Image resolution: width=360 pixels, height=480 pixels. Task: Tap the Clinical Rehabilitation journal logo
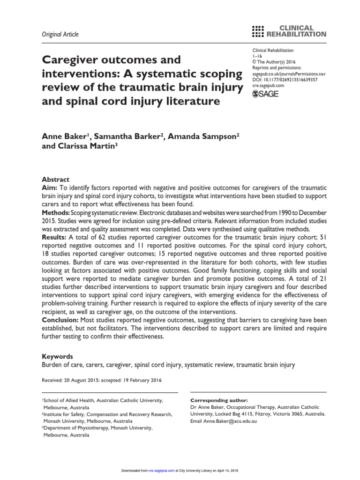coord(289,31)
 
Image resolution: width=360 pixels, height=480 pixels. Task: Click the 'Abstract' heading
coord(56,180)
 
